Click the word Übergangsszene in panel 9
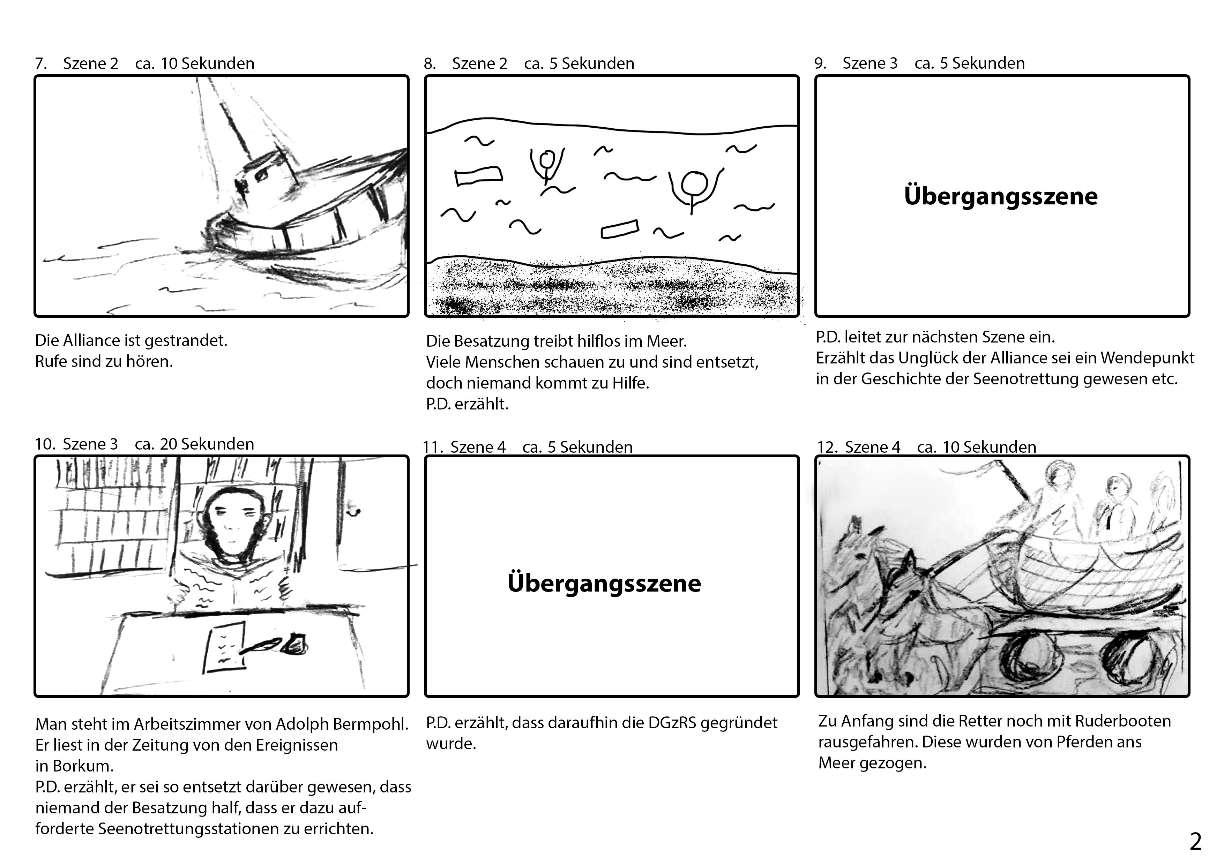[x=1001, y=196]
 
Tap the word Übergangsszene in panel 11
[x=604, y=583]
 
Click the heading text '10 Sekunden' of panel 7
[x=207, y=63]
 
